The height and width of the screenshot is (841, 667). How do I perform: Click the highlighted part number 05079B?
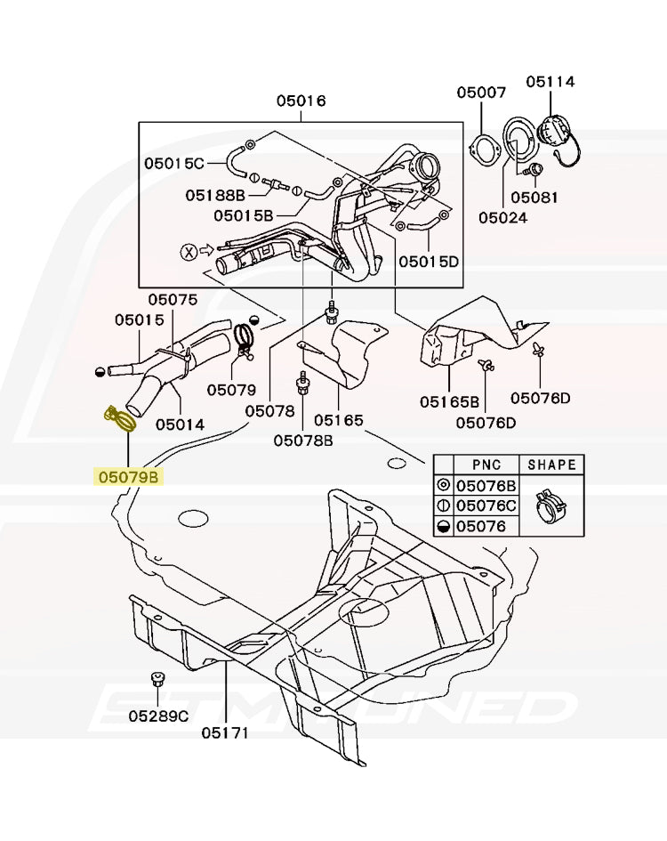(x=129, y=478)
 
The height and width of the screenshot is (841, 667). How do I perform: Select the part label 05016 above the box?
(x=301, y=101)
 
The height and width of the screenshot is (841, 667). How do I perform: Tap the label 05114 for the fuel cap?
(x=550, y=82)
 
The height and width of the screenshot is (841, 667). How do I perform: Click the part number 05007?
(x=482, y=93)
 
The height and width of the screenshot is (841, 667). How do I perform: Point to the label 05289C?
(x=158, y=716)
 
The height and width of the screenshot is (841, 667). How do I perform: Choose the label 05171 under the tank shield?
(x=224, y=733)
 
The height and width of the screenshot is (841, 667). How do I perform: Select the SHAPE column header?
(x=551, y=465)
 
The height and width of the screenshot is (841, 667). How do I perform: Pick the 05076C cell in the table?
(x=486, y=506)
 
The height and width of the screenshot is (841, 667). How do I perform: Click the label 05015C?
(x=174, y=163)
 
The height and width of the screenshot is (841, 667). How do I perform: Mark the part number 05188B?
(x=215, y=195)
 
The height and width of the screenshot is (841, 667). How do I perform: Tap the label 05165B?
(x=450, y=401)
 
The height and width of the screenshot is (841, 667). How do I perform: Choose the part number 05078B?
(x=303, y=440)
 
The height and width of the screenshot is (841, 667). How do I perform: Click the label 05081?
(x=534, y=197)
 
